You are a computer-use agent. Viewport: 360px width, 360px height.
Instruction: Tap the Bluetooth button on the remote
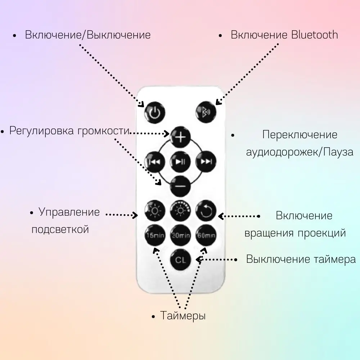click(206, 112)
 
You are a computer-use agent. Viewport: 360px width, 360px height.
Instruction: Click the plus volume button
click(180, 137)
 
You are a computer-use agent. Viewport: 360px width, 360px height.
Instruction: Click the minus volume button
click(180, 186)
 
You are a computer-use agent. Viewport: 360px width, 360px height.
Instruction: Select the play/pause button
click(180, 162)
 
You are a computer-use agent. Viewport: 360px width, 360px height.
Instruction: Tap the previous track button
click(155, 162)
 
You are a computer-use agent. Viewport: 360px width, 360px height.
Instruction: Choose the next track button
click(206, 162)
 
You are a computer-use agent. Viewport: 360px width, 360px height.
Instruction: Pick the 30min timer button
click(180, 235)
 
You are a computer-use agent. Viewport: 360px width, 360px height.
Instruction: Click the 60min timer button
click(206, 235)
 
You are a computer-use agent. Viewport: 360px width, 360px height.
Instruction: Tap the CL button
click(180, 260)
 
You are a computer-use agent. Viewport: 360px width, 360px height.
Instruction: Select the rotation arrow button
click(206, 211)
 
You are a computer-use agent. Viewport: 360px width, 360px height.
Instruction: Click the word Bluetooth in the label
click(315, 35)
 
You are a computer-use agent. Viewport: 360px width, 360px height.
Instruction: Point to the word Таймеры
click(183, 316)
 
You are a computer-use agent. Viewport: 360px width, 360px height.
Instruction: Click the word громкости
click(103, 131)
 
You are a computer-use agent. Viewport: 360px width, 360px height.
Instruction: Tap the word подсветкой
click(60, 230)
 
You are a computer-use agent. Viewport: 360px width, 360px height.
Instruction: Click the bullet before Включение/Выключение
click(15, 36)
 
